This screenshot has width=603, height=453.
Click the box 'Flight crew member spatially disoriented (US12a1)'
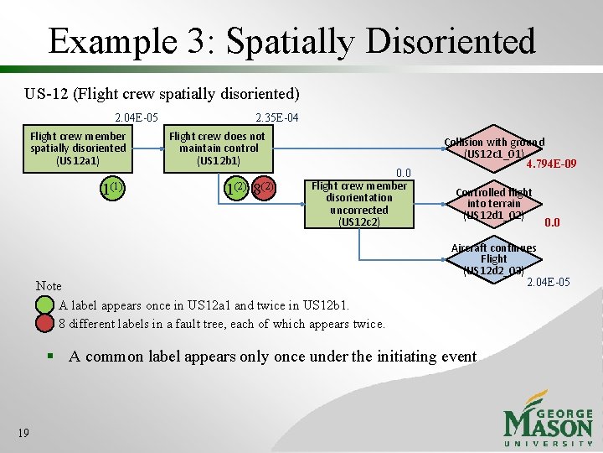(x=78, y=148)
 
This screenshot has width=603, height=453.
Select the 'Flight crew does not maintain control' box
(x=217, y=148)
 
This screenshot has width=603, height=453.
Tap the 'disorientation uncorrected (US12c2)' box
(x=358, y=204)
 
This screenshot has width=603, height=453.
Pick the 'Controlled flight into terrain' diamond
(x=494, y=204)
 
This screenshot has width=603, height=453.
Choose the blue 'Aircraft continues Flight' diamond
(x=494, y=259)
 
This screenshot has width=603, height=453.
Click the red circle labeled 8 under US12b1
(x=264, y=188)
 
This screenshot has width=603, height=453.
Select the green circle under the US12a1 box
(x=111, y=188)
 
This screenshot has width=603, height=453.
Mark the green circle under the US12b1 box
(x=237, y=188)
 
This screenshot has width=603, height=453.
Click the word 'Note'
(x=49, y=286)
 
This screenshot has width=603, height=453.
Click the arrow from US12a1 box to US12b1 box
(x=145, y=148)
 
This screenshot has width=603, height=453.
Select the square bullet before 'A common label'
(x=51, y=357)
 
